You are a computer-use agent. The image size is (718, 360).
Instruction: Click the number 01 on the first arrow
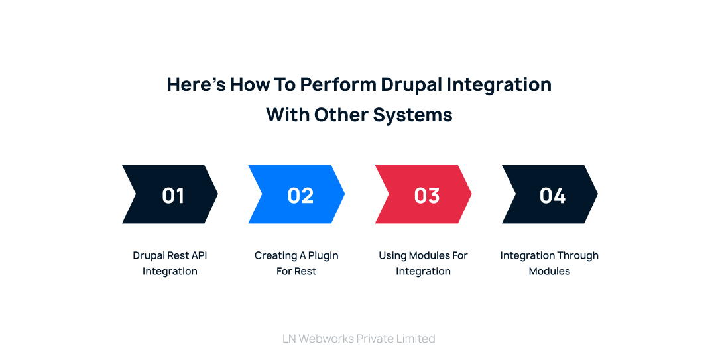[173, 195]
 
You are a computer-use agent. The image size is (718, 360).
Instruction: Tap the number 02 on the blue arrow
[300, 195]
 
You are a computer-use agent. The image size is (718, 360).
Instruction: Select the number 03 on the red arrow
[427, 195]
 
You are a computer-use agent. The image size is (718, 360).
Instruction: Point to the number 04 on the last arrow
[552, 195]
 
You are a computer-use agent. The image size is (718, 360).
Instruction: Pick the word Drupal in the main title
[411, 85]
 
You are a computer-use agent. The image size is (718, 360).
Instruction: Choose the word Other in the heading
[341, 115]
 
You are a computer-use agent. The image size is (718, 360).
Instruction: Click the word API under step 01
[199, 255]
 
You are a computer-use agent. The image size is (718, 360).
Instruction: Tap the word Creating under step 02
[276, 255]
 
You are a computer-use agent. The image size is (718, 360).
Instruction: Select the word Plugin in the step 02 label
[323, 255]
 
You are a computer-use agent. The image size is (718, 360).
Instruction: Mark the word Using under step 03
[392, 255]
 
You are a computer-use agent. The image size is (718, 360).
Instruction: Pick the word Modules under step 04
[549, 271]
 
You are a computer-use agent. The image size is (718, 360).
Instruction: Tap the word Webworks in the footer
[326, 339]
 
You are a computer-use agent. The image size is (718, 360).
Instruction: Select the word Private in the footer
[376, 339]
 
